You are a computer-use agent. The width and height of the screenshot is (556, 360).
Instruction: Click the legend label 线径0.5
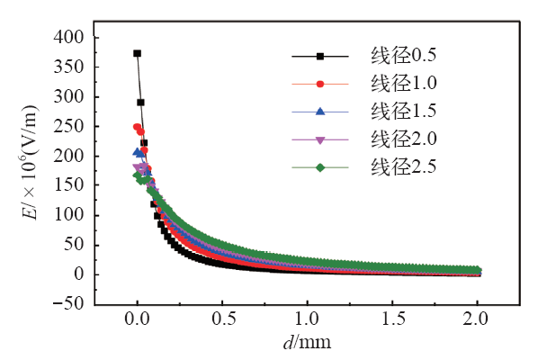[x=404, y=57]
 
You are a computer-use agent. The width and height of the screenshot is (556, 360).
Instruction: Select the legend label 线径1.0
[x=404, y=84]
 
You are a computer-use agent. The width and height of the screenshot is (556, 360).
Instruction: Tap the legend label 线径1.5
[x=404, y=112]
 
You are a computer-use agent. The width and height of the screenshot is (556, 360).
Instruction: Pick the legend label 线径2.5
[x=404, y=166]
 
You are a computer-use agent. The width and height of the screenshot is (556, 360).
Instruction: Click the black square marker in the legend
[x=319, y=57]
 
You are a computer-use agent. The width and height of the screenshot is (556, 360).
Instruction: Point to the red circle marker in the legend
[x=319, y=84]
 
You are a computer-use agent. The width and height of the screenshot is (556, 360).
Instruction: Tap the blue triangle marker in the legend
[x=319, y=112]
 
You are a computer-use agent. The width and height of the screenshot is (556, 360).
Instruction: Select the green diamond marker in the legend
[x=319, y=166]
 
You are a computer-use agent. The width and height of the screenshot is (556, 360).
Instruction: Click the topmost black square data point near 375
[x=138, y=53]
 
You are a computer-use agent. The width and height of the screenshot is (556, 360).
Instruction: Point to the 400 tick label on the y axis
[x=69, y=37]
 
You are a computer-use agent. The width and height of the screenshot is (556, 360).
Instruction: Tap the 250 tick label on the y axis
[x=69, y=126]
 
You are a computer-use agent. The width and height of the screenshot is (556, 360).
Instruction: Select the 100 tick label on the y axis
[x=69, y=215]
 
